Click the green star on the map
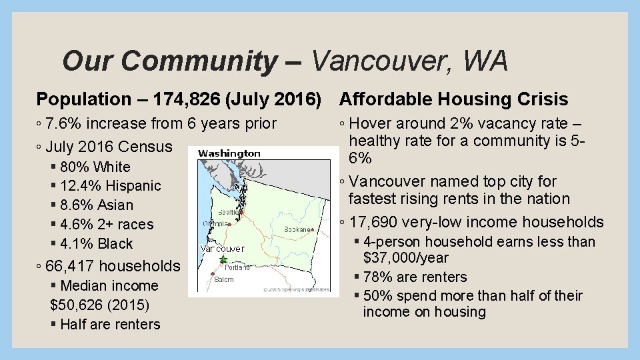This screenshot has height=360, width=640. click(223, 259)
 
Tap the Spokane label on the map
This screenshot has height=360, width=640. click(297, 229)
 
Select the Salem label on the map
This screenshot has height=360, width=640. click(224, 279)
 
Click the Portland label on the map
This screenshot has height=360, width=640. click(237, 267)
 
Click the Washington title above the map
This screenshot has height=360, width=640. click(229, 153)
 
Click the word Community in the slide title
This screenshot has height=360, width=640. click(200, 61)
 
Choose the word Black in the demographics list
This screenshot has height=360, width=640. click(115, 244)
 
